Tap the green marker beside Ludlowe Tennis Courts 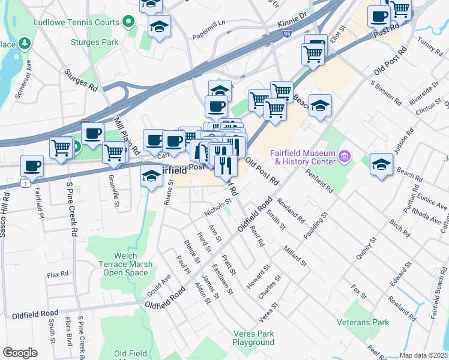[x=128, y=23]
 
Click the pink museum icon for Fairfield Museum [x=345, y=157]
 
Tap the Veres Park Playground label [x=253, y=338]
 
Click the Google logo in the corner [x=20, y=352]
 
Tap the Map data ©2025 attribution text [x=423, y=355]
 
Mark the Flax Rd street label [x=58, y=274]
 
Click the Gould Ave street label [x=158, y=286]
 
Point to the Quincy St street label [x=366, y=248]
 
